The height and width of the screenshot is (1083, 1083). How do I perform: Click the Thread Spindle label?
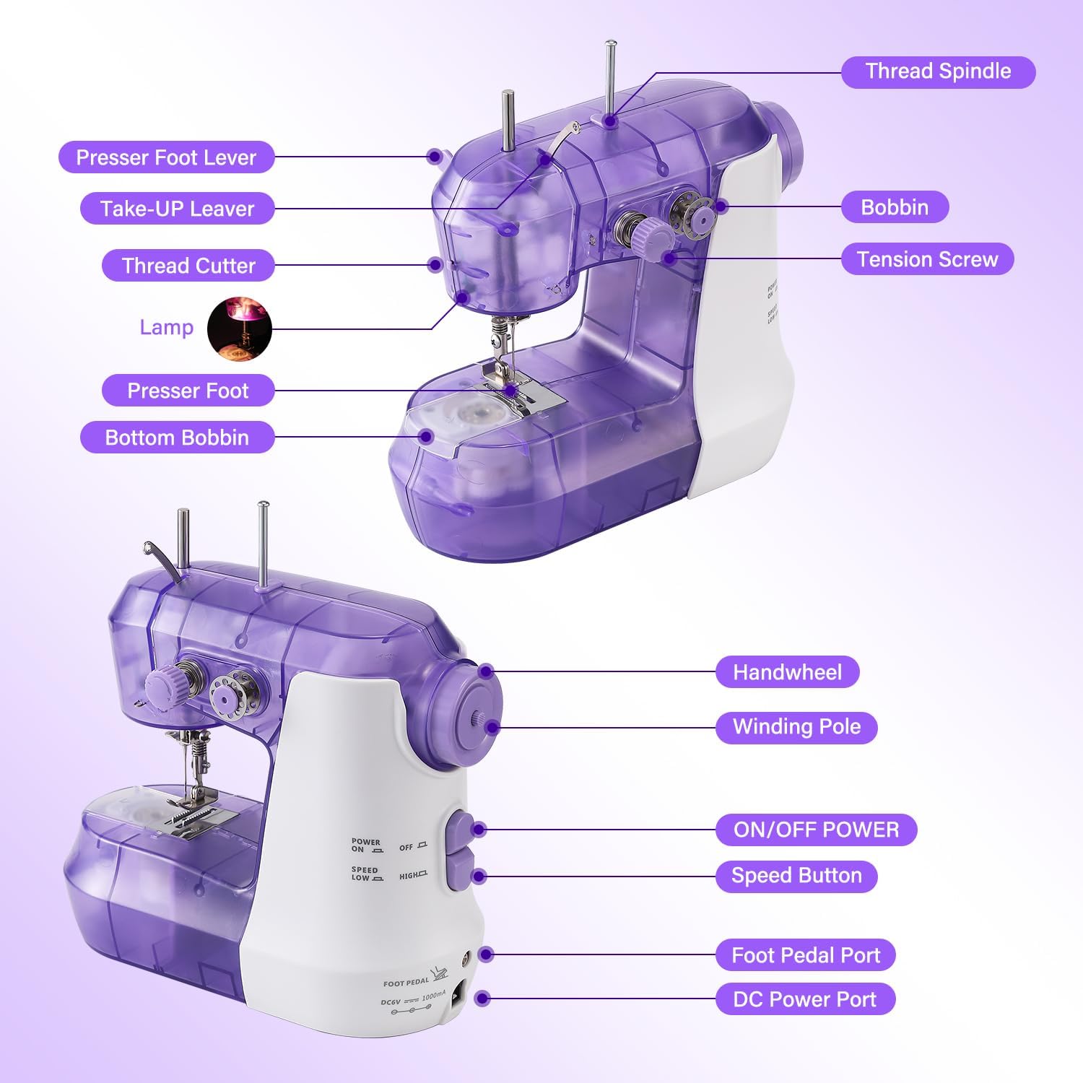point(938,72)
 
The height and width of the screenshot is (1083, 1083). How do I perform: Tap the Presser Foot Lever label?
point(166,157)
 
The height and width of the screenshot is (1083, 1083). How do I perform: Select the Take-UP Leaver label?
point(177,209)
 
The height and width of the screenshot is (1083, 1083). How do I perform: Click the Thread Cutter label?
point(188,266)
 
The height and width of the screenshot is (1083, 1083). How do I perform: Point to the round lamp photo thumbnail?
point(240,329)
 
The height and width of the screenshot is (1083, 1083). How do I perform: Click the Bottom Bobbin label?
point(177,438)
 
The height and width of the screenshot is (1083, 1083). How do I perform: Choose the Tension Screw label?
point(927,259)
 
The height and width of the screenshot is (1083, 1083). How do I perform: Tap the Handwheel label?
point(787,672)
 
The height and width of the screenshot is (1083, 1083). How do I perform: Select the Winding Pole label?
point(796,727)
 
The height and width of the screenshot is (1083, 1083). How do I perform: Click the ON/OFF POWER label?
point(816,830)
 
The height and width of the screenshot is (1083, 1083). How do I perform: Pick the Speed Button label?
point(796,876)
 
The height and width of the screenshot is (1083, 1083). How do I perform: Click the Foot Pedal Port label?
point(805,955)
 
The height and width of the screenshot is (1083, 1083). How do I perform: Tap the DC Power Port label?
point(804,999)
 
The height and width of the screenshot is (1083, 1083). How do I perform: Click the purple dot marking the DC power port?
point(483,999)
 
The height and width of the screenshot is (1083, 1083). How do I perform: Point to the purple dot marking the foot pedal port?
point(486,954)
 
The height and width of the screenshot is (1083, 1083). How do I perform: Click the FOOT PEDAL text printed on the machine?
point(406,983)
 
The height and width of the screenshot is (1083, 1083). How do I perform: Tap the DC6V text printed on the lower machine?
point(391,1002)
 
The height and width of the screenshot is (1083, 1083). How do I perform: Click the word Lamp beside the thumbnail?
point(167,328)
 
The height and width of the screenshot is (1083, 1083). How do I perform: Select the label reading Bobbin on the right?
point(895,208)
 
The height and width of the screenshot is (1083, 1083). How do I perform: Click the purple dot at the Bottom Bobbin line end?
point(427,436)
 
